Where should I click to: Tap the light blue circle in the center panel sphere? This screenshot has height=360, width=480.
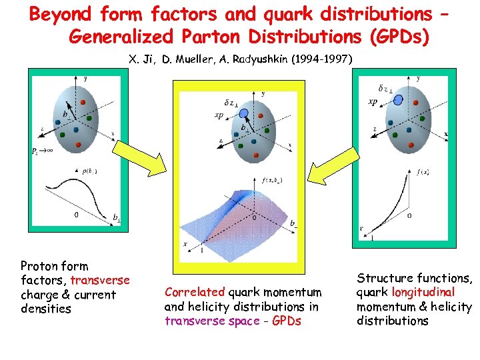coord(244,113)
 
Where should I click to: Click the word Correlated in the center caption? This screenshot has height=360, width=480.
coord(195,292)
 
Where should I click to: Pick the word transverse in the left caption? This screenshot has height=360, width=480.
coord(100,280)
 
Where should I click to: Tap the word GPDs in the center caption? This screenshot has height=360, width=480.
coord(286,321)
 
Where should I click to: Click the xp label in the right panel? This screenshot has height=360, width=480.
coord(374,102)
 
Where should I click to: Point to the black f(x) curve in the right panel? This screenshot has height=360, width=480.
coord(393,200)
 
